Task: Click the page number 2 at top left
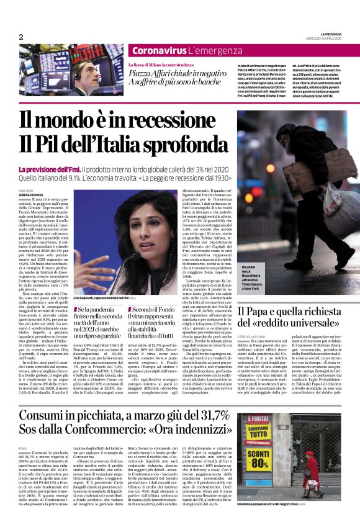click(x=21, y=37)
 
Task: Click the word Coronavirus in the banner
click(x=159, y=50)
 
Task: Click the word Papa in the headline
click(x=256, y=311)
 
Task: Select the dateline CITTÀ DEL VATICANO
click(x=251, y=336)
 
